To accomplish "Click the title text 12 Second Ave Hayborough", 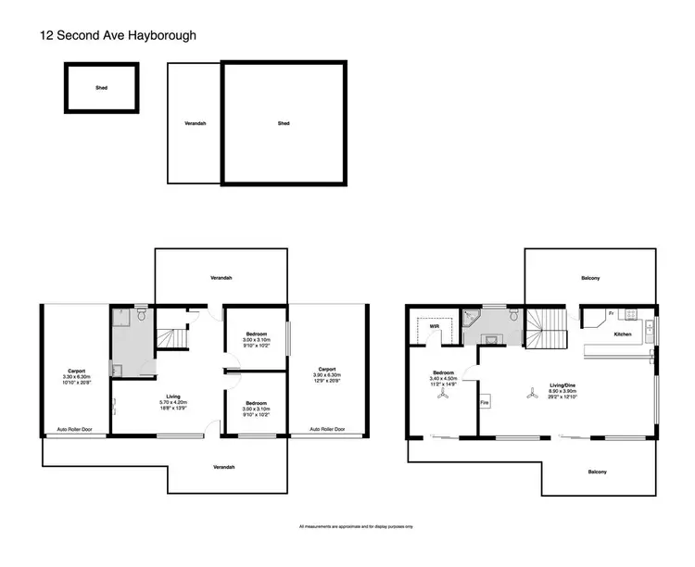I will (118, 35).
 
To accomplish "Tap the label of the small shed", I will (101, 88).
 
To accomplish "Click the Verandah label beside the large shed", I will (195, 123).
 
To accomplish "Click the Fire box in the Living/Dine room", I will (484, 403).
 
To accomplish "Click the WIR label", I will (433, 326).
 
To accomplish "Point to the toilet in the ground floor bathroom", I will (139, 317).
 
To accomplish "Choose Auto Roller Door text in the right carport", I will (328, 430).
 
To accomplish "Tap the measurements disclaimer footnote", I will (347, 526).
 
